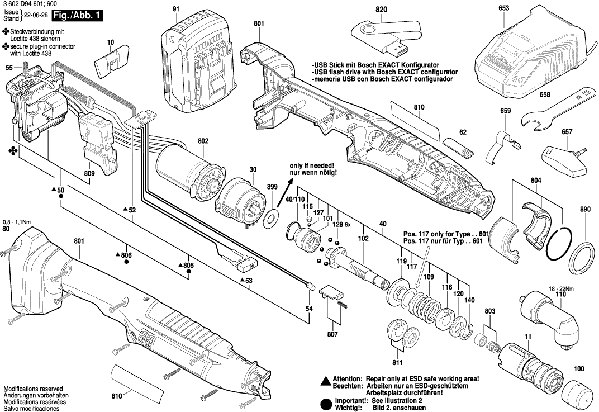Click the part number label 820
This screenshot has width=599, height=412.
(x=381, y=10)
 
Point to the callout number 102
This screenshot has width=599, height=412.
(x=363, y=238)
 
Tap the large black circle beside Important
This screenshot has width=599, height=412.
(x=325, y=404)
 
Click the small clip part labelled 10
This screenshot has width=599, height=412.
(x=111, y=63)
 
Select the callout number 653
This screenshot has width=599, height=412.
(x=503, y=8)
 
